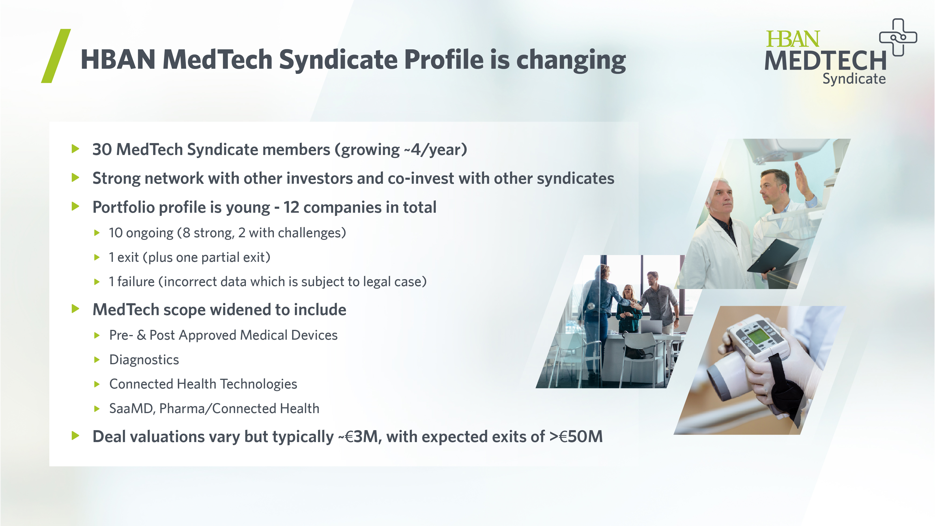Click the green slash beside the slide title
pyautogui.click(x=56, y=56)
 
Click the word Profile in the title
pyautogui.click(x=444, y=60)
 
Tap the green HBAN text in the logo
pyautogui.click(x=792, y=39)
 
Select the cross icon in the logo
pyautogui.click(x=898, y=37)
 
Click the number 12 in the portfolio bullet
pyautogui.click(x=291, y=207)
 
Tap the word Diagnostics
pyautogui.click(x=144, y=360)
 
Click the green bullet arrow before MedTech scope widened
pyautogui.click(x=75, y=309)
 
